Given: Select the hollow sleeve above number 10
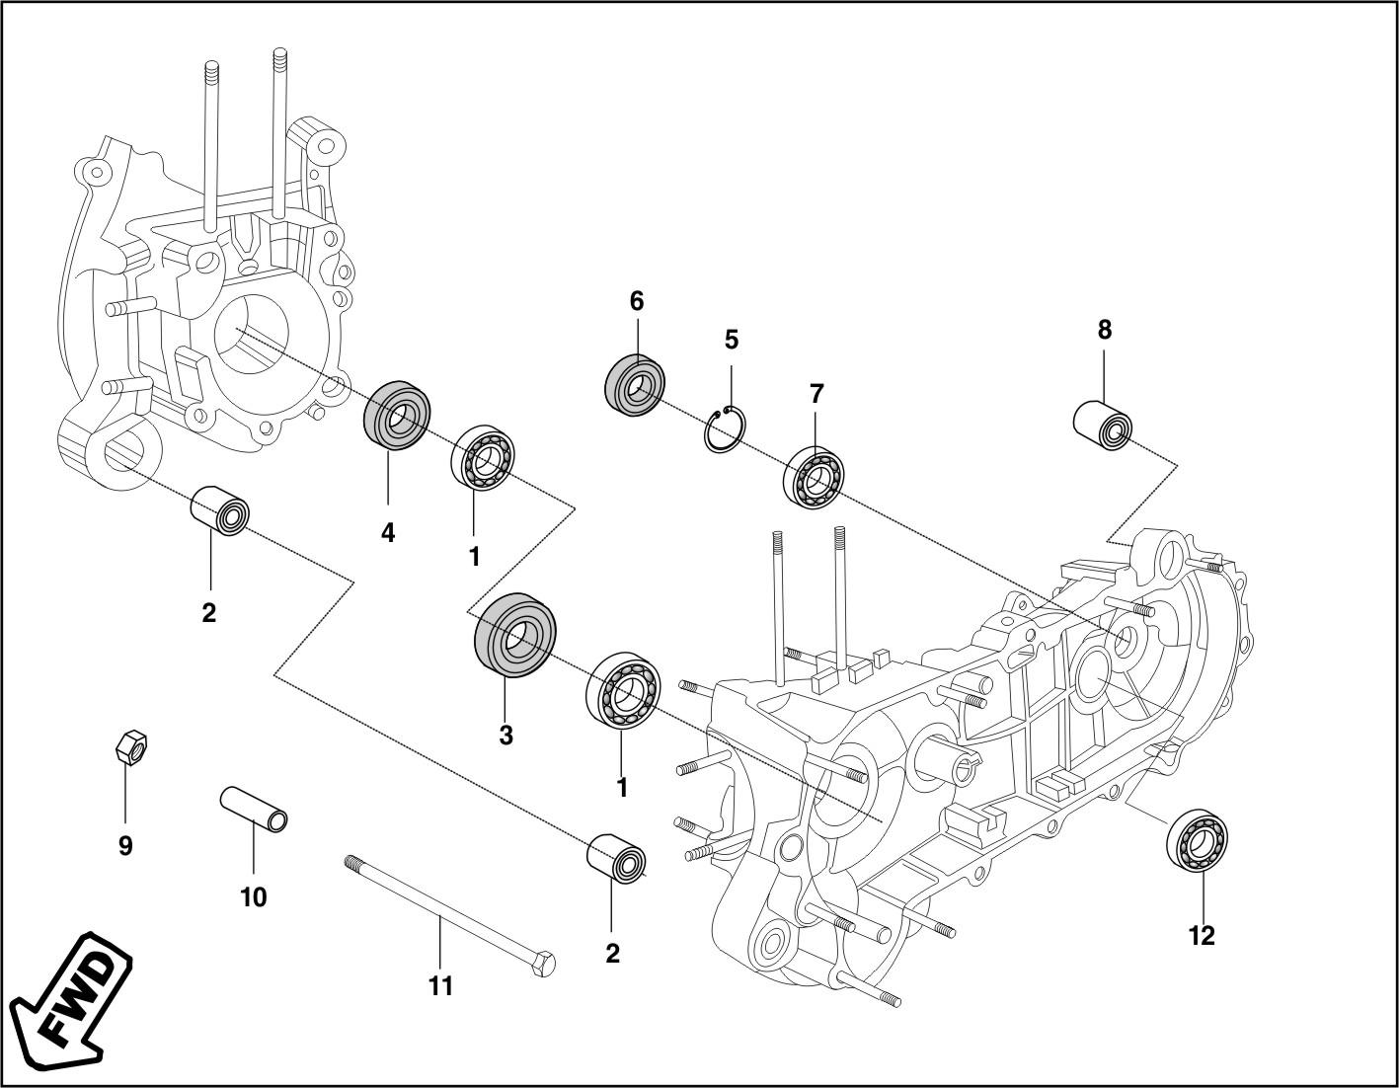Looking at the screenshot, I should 254,806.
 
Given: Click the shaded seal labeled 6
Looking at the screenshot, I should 634,384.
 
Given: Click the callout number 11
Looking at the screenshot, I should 440,984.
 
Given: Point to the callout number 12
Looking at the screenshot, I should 1202,934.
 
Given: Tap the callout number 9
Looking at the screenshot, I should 125,846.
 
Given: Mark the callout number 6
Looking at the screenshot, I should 637,301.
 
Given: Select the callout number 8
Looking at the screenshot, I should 1105,330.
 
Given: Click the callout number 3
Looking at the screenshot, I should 505,735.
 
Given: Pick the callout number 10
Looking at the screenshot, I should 253,896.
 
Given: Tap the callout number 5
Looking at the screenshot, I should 731,340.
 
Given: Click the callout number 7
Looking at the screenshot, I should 816,393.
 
